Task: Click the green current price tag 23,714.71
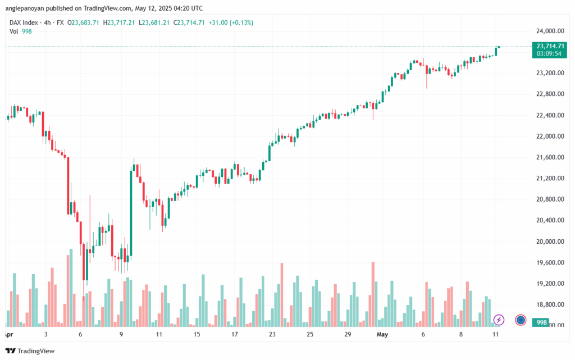pos(550,46)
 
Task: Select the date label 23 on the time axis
pos(272,334)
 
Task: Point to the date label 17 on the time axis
pos(234,334)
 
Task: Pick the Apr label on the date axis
pos(8,334)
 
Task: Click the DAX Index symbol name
pos(24,22)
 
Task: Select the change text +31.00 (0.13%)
pos(230,22)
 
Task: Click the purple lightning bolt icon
pos(499,320)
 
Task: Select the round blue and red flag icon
pos(521,320)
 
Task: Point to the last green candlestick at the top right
pos(496,51)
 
